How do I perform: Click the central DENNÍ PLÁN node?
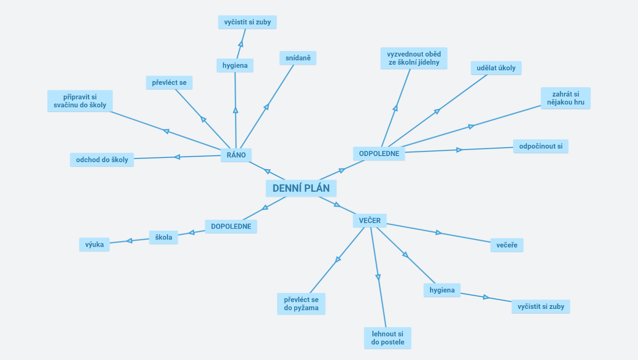(x=301, y=188)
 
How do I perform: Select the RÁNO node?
(x=236, y=155)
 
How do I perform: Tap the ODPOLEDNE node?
(x=379, y=154)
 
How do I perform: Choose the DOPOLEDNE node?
(x=231, y=226)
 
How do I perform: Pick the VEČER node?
(x=370, y=221)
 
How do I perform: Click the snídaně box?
(x=298, y=58)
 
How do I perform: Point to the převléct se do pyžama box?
(x=301, y=304)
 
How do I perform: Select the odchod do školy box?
(x=102, y=160)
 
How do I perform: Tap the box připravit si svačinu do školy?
(x=80, y=101)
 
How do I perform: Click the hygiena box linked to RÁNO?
(x=235, y=66)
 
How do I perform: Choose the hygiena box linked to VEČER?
(x=442, y=290)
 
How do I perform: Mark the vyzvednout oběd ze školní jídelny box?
(x=414, y=58)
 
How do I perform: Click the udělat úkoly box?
(x=496, y=68)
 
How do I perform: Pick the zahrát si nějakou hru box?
(x=565, y=98)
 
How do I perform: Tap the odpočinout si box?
(x=540, y=146)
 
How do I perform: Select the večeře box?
(x=507, y=245)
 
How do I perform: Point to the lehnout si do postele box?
(x=387, y=338)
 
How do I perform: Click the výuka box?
(x=94, y=244)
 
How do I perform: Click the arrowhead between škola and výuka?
(x=129, y=241)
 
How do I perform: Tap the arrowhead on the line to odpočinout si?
(x=459, y=150)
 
